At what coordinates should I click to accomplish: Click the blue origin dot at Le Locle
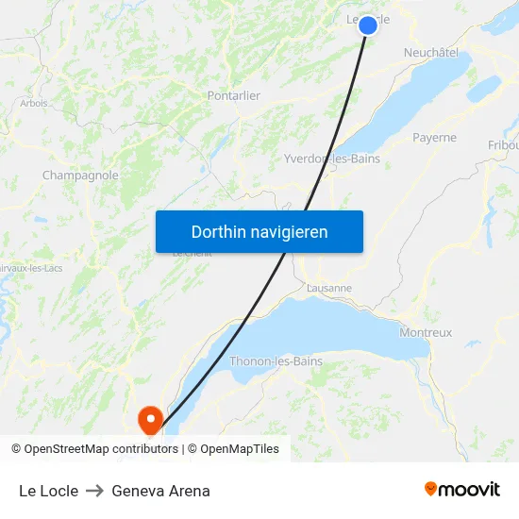point(368,25)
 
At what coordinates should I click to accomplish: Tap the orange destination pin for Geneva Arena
point(150,417)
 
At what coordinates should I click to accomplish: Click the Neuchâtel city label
point(431,53)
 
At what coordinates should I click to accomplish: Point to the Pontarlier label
point(233,95)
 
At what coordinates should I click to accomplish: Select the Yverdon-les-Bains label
point(332,159)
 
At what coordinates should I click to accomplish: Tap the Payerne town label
point(434,138)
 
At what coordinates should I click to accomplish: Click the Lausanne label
point(329,288)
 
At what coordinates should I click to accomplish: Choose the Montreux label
point(426,332)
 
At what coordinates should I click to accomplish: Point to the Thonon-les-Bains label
point(276,361)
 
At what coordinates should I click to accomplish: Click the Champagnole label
point(80,176)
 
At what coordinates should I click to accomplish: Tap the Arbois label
point(34,103)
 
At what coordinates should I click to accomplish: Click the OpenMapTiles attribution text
point(240,449)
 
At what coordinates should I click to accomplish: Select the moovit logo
point(462,489)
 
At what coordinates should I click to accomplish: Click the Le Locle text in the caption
point(48,491)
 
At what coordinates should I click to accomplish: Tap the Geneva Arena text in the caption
point(160,491)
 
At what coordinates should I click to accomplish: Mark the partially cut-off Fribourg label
point(503,145)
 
